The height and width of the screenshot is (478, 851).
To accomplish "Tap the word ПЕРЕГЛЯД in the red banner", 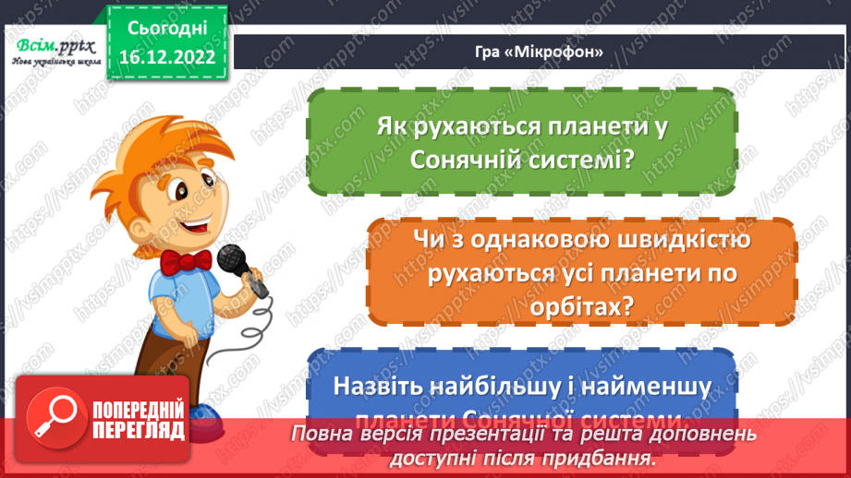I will (139, 430).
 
